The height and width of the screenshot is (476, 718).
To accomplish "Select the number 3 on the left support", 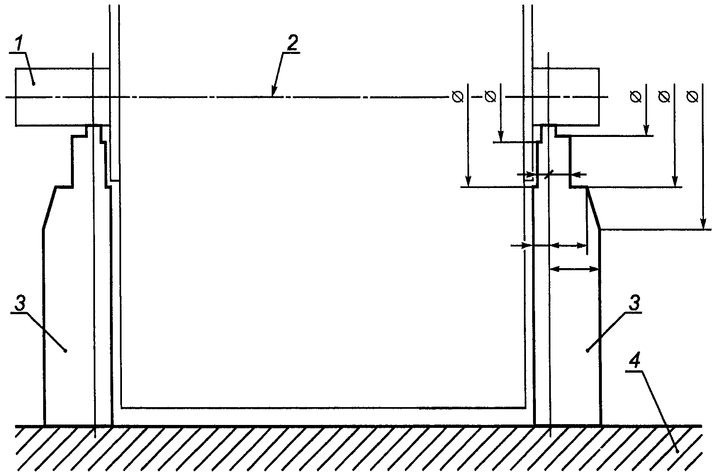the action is (20, 303).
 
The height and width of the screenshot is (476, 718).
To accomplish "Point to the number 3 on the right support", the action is (634, 303).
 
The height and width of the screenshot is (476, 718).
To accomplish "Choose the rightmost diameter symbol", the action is (692, 97).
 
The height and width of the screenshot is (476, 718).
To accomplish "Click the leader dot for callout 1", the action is (34, 83).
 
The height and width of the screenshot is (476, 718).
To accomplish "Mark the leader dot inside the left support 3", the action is (65, 351).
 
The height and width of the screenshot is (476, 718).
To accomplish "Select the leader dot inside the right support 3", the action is (587, 351).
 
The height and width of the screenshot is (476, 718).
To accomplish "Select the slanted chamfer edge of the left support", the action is (49, 207).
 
